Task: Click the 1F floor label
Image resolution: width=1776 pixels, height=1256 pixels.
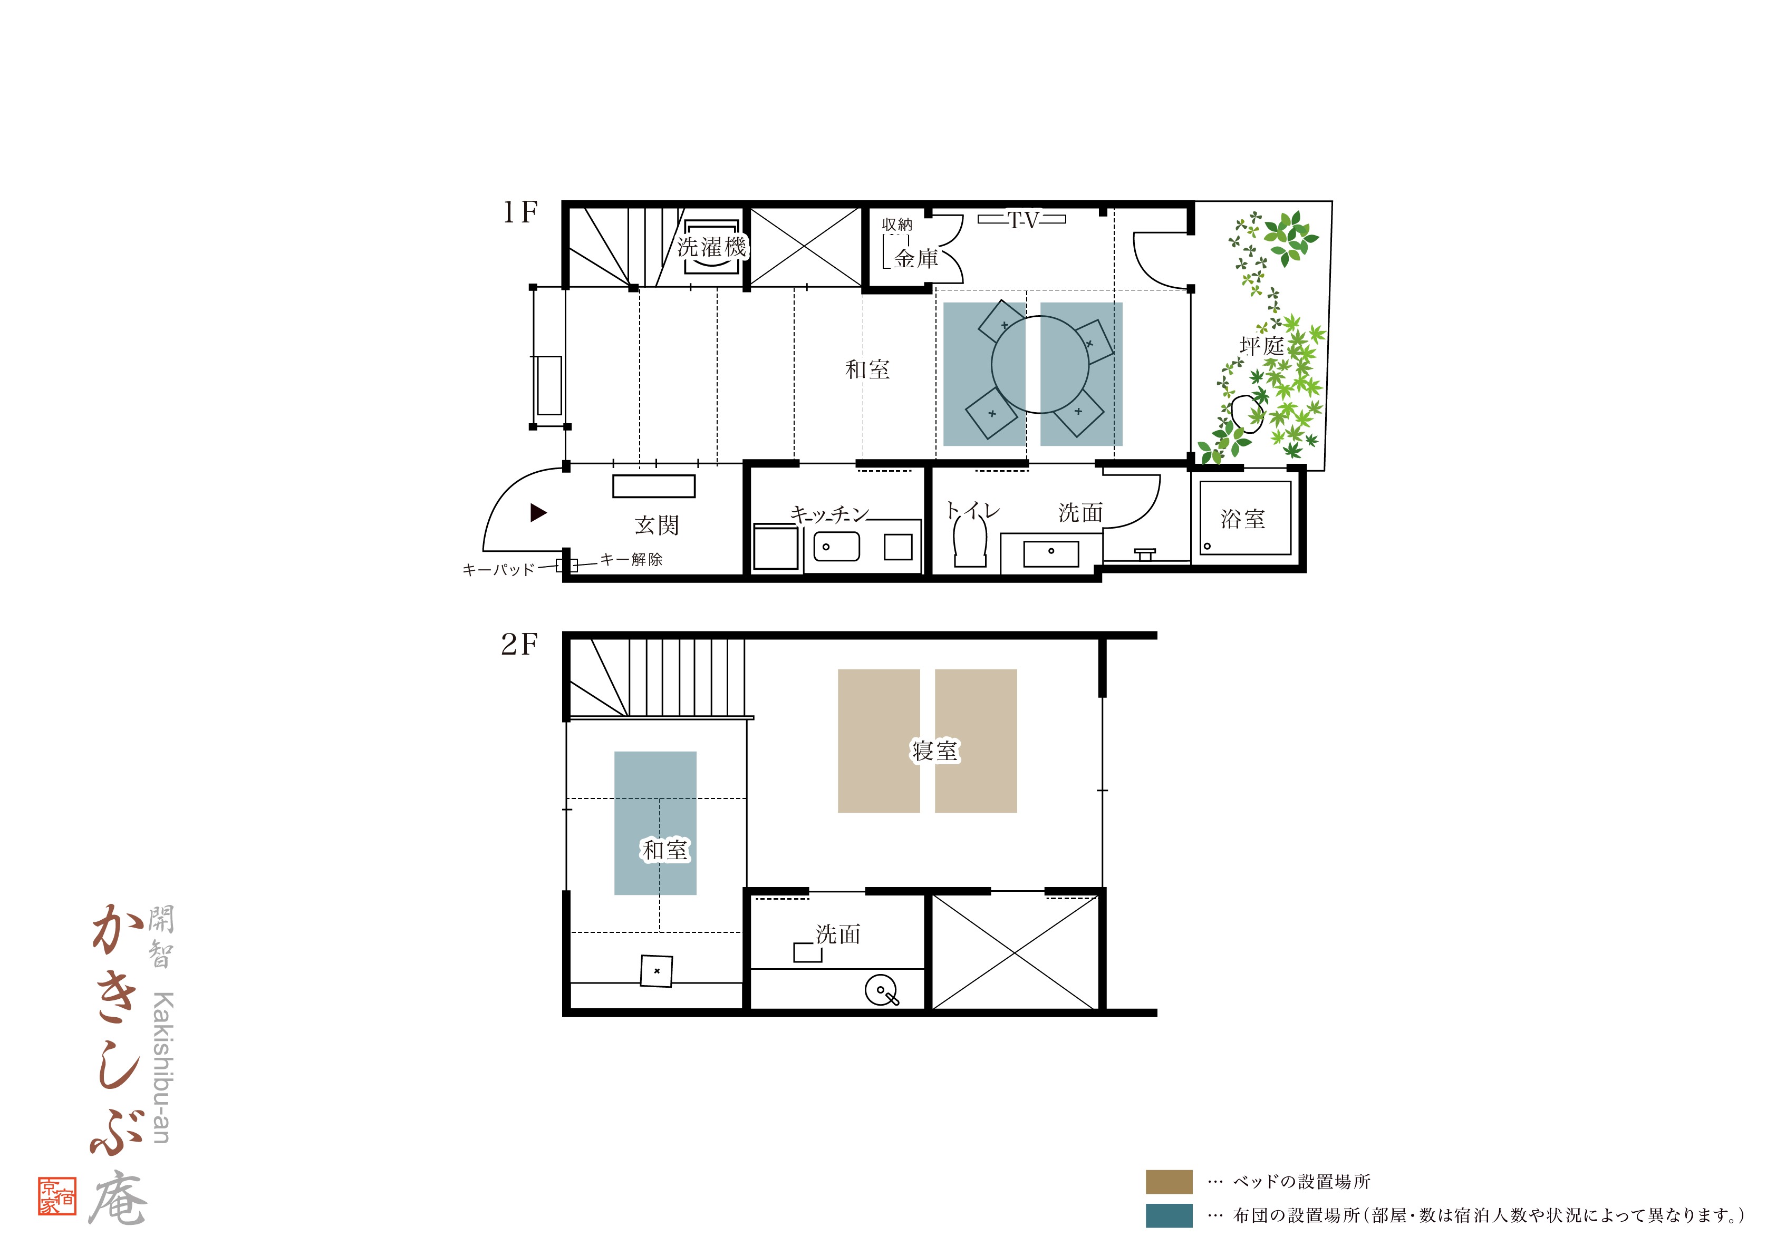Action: (519, 212)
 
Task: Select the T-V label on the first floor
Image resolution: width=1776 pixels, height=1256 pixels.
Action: (1022, 220)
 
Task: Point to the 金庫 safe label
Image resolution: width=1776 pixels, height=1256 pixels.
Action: (916, 258)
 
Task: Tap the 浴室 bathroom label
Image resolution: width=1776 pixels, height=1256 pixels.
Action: (1243, 519)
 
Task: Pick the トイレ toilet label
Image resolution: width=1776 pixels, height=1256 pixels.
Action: (973, 510)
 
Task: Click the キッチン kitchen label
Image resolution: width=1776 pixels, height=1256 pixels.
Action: (829, 514)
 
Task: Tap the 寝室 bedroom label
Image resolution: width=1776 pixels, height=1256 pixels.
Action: (935, 750)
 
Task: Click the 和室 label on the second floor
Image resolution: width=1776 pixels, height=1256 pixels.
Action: (665, 850)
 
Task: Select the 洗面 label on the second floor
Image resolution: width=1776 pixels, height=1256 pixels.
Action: (838, 934)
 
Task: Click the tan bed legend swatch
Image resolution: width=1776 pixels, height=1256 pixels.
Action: (1169, 1182)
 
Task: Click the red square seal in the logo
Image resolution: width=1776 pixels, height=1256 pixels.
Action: (57, 1196)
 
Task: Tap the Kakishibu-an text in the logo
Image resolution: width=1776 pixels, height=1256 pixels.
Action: (162, 1067)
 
